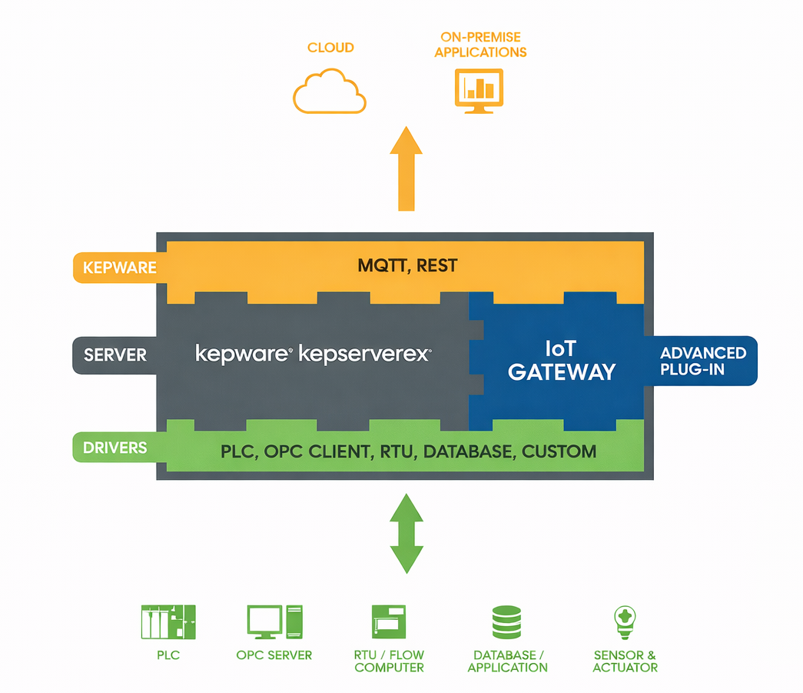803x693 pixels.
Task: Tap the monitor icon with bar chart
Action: click(x=479, y=90)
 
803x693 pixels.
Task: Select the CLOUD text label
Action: click(x=330, y=48)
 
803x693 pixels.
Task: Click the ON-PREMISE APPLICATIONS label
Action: click(x=480, y=45)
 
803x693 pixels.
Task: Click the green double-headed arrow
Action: click(x=406, y=533)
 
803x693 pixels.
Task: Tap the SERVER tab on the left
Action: click(x=115, y=355)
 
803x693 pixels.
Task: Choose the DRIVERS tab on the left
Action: click(x=114, y=448)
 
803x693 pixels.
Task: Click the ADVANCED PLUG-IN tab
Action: click(x=703, y=360)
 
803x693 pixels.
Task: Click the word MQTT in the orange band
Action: click(x=383, y=266)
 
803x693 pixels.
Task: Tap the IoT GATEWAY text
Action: click(x=561, y=361)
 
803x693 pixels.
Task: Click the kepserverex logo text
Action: click(x=364, y=355)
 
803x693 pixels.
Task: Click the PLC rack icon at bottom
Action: click(x=168, y=621)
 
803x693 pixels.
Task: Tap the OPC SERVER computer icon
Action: click(x=274, y=621)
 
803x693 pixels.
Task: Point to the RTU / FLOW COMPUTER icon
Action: click(x=389, y=621)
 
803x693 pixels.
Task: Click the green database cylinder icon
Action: click(x=506, y=622)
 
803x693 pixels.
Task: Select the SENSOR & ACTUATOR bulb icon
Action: click(x=625, y=622)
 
